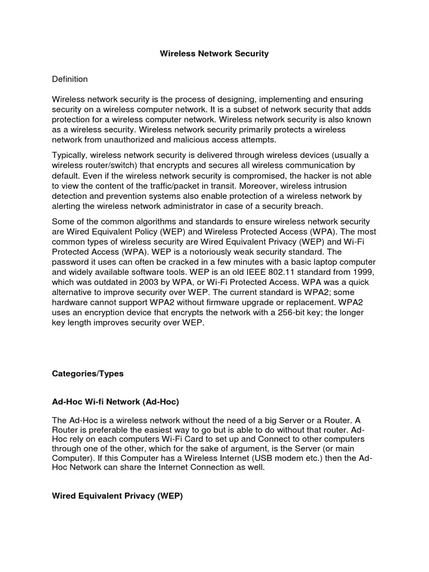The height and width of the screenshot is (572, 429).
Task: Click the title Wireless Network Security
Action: (214, 54)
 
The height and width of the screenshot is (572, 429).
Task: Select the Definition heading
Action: (70, 79)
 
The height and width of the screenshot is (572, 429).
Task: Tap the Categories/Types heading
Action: (88, 374)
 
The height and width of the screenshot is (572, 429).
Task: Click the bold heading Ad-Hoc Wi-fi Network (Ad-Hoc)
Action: (116, 402)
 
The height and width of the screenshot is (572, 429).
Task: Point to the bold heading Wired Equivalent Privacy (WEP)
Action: (117, 495)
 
